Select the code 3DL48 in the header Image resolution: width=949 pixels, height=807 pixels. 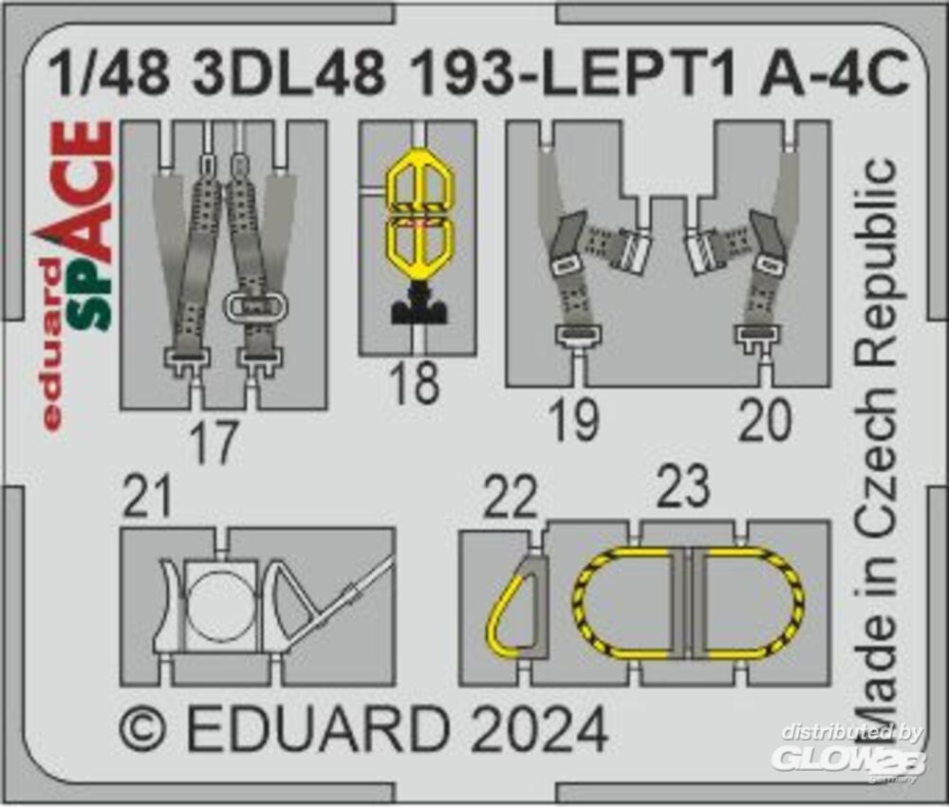pyautogui.click(x=288, y=74)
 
